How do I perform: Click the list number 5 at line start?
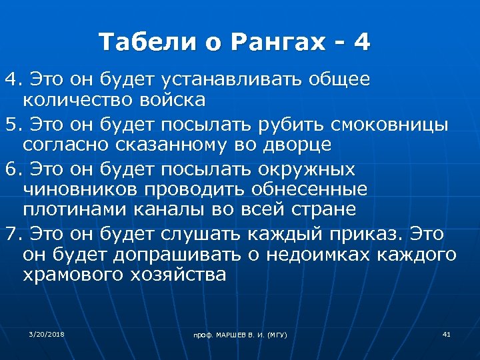click(10, 124)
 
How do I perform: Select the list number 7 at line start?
click(10, 234)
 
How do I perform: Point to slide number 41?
click(446, 333)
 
